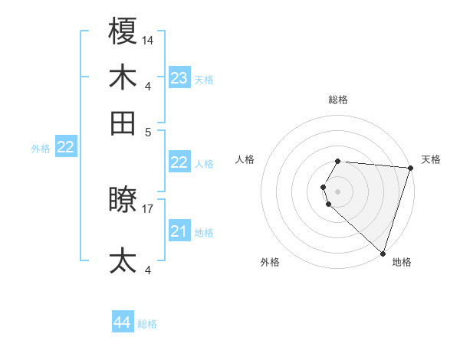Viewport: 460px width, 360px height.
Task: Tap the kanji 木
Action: [123, 77]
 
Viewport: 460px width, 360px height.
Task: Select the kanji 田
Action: [123, 122]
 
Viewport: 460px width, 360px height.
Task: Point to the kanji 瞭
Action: [123, 200]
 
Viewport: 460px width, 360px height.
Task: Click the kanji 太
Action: [123, 260]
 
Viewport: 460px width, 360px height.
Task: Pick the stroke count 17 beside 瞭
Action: [148, 208]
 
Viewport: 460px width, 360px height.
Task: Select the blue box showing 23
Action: [179, 78]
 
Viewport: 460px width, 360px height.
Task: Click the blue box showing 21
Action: [179, 231]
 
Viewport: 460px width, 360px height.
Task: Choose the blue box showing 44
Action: [122, 322]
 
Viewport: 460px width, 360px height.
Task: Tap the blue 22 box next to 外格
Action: [65, 147]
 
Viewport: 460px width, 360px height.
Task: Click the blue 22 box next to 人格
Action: [179, 162]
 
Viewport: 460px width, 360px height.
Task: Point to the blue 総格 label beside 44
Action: [147, 324]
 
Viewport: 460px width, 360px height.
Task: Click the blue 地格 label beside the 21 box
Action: [204, 233]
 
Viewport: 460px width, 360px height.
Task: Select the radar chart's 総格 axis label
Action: [338, 100]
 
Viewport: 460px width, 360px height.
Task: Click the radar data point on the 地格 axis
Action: [383, 254]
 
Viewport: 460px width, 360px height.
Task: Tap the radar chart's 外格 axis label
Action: [270, 263]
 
